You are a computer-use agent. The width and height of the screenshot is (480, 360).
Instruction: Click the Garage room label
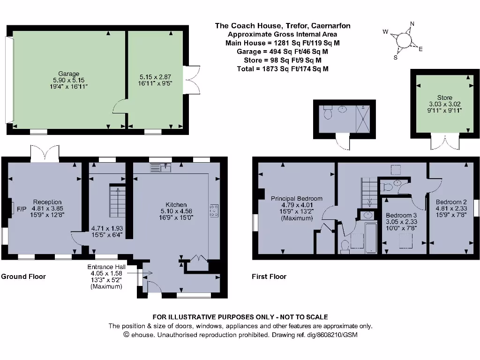coord(68,74)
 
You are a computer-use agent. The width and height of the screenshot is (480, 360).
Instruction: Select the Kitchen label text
coord(176,204)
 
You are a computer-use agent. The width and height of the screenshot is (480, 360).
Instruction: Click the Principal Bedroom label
coord(291,198)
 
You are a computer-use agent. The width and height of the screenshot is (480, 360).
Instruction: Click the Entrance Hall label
coord(106,267)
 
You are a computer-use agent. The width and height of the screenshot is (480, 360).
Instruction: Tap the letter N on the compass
coord(412,24)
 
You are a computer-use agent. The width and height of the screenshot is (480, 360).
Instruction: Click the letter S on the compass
coord(395,58)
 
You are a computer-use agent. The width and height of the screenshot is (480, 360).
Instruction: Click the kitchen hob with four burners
coord(214,211)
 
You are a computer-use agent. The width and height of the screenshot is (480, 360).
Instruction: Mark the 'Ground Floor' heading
coord(23,276)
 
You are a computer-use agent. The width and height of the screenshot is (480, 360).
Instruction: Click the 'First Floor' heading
coord(269,276)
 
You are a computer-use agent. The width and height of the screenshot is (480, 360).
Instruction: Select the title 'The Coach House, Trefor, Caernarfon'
coord(282,26)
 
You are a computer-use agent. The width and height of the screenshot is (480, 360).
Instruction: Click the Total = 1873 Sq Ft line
coord(282,68)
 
